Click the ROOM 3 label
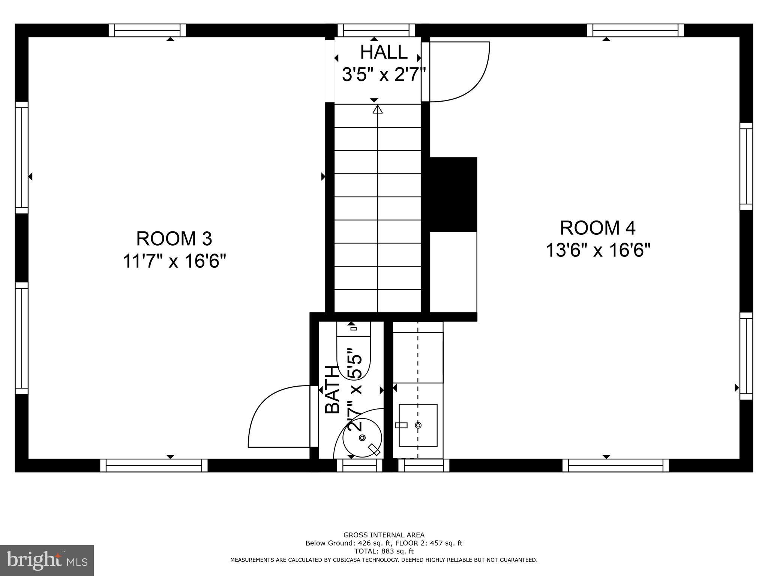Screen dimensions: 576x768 click(x=174, y=239)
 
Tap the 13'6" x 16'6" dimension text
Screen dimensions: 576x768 click(x=597, y=250)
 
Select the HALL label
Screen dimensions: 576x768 click(x=384, y=52)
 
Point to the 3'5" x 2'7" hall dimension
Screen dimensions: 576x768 click(x=384, y=75)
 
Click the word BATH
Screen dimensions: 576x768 click(x=332, y=390)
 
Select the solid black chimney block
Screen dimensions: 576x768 click(x=453, y=194)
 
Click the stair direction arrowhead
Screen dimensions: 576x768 click(x=377, y=109)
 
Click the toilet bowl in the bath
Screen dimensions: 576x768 click(x=354, y=356)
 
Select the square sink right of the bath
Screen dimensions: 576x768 click(x=418, y=425)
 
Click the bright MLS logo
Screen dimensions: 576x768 click(x=47, y=561)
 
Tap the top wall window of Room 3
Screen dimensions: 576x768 click(x=147, y=30)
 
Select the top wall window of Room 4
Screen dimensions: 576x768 click(x=635, y=30)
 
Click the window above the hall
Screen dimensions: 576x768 click(x=376, y=30)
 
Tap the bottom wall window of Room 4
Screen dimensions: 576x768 click(x=615, y=465)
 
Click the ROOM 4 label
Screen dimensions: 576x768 click(x=597, y=228)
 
